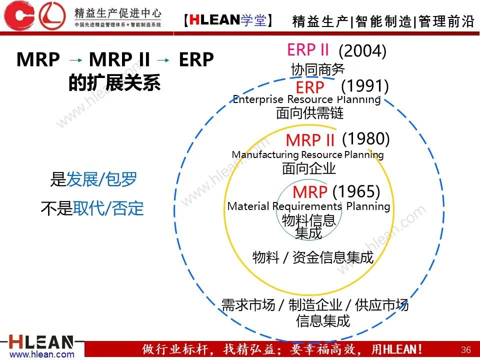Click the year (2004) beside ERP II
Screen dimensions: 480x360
[362, 51]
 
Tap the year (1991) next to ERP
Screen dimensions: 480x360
[364, 86]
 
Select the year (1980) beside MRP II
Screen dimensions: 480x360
[366, 139]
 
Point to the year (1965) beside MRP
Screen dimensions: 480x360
[356, 191]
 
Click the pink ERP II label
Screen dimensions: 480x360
[308, 49]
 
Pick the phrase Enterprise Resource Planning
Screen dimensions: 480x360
[306, 99]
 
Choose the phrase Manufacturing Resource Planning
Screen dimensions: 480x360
[307, 154]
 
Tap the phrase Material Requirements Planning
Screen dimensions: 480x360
[308, 206]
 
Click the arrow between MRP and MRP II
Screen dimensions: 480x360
[75, 60]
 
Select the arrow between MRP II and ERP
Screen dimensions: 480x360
[163, 60]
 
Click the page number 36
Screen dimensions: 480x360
[466, 349]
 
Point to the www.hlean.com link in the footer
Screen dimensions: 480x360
[42, 354]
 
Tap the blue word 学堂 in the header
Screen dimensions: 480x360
[253, 20]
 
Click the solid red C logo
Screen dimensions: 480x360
[19, 15]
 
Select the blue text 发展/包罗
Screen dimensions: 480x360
[101, 179]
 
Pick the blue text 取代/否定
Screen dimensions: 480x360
[108, 208]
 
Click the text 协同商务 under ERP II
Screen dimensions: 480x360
[318, 69]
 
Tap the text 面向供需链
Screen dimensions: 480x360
[310, 112]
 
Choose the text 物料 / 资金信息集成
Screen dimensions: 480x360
[313, 257]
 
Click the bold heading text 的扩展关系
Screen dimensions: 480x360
[114, 82]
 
